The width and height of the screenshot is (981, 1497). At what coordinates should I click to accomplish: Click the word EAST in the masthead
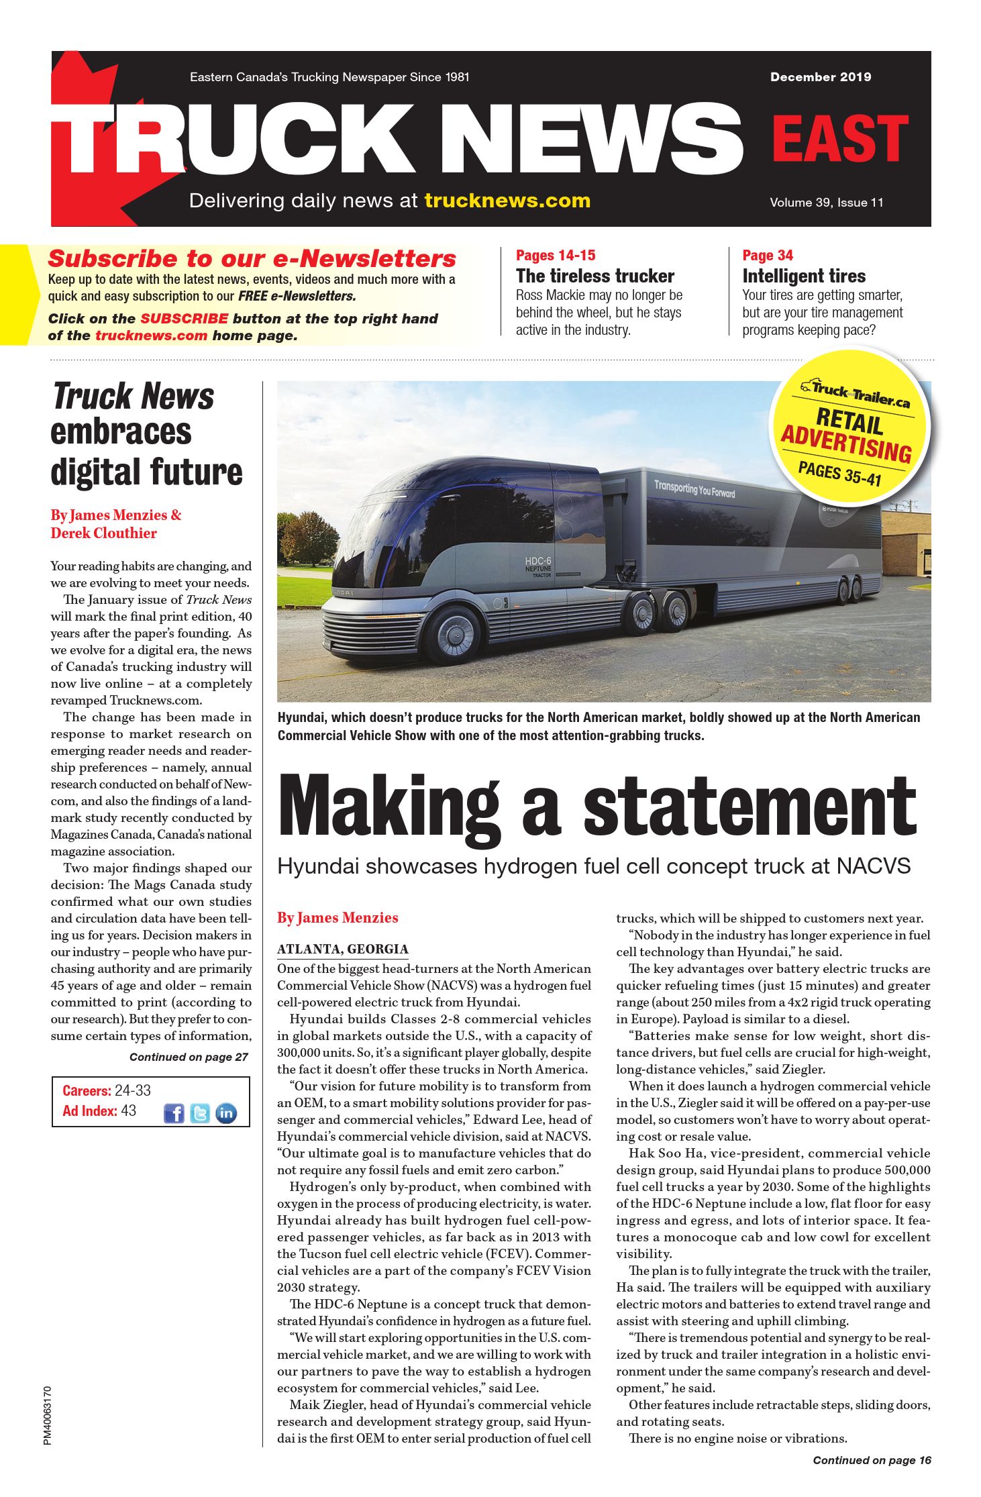[839, 138]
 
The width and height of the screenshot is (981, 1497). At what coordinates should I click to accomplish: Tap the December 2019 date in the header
[820, 77]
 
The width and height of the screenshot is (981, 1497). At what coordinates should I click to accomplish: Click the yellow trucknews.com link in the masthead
[507, 201]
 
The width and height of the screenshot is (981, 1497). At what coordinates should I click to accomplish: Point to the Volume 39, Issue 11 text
[826, 203]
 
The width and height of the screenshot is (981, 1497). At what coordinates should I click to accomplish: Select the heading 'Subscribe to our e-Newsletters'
[252, 258]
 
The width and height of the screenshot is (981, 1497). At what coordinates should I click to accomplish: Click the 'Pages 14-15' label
[555, 255]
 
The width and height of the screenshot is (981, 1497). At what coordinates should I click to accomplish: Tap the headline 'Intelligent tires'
[803, 276]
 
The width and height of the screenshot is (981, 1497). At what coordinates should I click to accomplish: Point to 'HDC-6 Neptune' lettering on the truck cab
[538, 565]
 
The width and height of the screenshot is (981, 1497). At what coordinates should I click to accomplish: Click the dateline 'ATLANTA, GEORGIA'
[342, 949]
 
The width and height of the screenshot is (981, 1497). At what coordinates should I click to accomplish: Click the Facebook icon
[174, 1113]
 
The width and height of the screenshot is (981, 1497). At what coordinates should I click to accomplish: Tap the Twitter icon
[200, 1113]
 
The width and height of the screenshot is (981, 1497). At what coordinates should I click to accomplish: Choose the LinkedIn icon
[226, 1113]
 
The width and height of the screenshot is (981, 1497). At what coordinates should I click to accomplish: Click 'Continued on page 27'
[189, 1057]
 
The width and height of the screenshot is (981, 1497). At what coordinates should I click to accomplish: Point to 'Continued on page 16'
[872, 1460]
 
